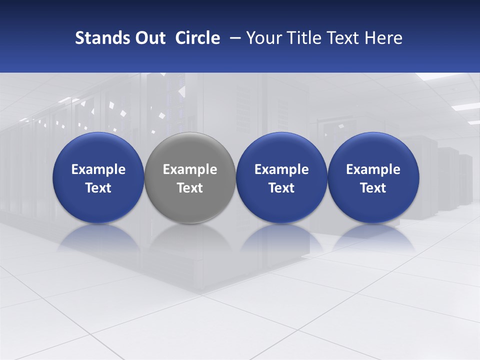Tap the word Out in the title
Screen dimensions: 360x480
click(x=148, y=38)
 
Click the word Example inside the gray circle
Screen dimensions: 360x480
click(x=190, y=169)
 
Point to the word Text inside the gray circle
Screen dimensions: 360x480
click(x=190, y=188)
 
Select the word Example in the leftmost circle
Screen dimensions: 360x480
click(x=98, y=169)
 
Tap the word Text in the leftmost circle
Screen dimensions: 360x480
click(x=98, y=188)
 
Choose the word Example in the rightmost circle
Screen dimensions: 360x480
click(x=373, y=169)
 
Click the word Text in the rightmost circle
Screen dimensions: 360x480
click(x=373, y=188)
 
